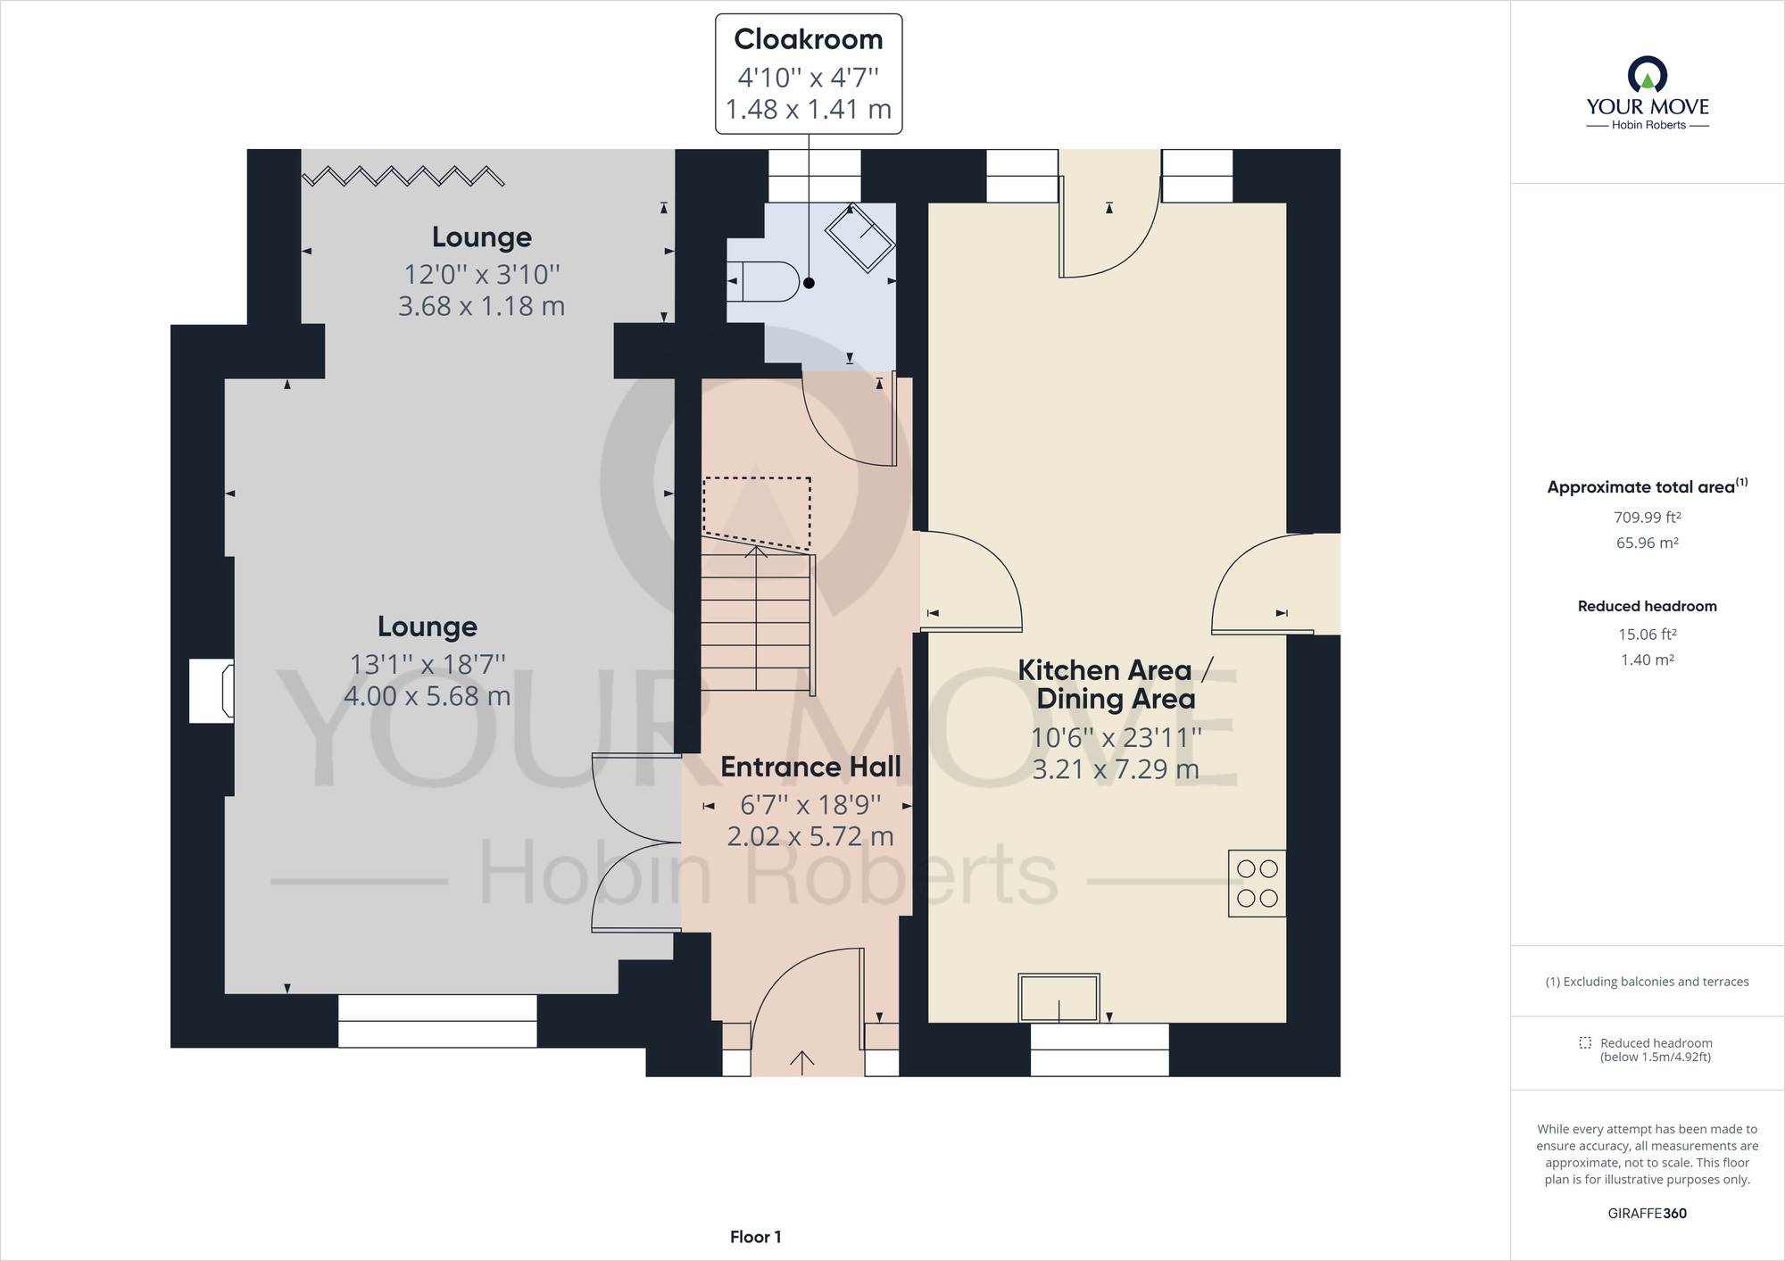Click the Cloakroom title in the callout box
pos(809,39)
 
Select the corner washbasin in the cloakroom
pos(859,237)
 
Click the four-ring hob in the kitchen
pos(1258,884)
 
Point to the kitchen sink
pos(1059,998)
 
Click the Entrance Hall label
pos(810,767)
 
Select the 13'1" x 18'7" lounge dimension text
pos(428,664)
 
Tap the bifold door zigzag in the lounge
pos(403,176)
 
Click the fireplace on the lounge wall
pos(212,691)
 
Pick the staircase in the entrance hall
pos(758,616)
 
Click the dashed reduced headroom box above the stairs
pos(757,513)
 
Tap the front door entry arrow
pos(801,1062)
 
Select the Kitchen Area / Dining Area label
pos(1116,684)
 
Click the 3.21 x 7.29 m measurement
pos(1116,769)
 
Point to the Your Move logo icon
pos(1648,74)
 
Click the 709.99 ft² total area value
pos(1648,517)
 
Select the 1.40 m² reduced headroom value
pos(1648,660)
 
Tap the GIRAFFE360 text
pos(1648,1213)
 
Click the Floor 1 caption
pos(756,1237)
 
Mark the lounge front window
pos(437,1021)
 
